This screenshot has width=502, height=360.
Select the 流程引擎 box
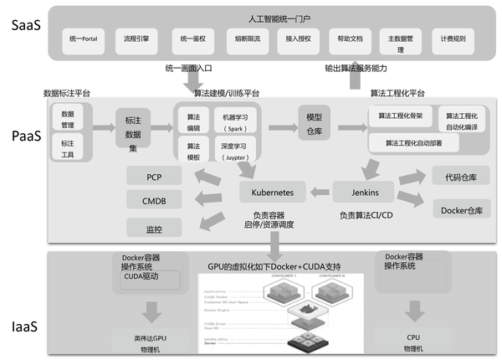(x=136, y=39)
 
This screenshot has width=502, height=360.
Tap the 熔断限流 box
(x=245, y=39)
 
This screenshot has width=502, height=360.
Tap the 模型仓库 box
(x=315, y=122)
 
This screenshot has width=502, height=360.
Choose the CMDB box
(x=154, y=200)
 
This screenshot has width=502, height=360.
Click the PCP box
(x=154, y=177)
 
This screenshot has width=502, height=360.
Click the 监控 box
(x=154, y=227)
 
